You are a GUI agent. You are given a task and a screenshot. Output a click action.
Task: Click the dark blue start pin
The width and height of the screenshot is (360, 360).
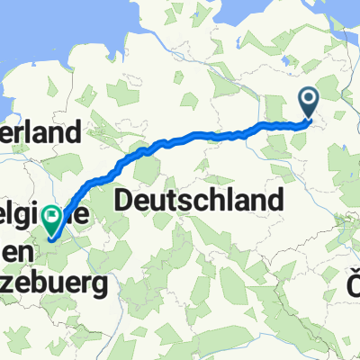pos(309,102)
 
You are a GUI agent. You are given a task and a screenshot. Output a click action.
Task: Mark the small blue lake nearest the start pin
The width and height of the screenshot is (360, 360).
pos(286,59)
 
